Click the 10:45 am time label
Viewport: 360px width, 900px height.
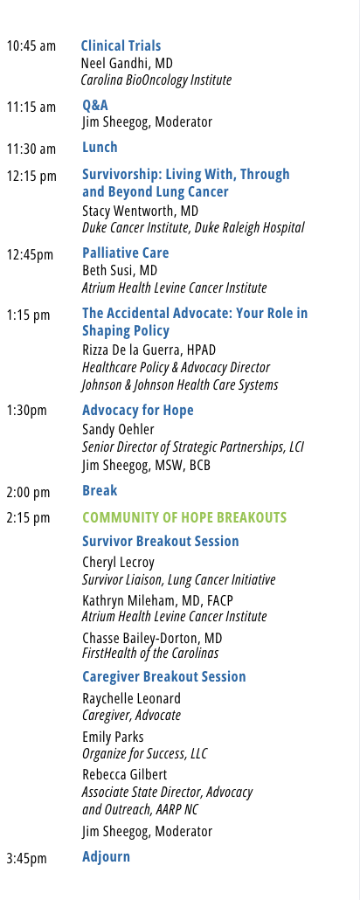click(x=31, y=46)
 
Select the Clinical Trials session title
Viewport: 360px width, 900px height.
click(x=121, y=45)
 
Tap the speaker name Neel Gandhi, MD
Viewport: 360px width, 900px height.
click(x=127, y=63)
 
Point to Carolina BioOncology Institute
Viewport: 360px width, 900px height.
click(x=156, y=80)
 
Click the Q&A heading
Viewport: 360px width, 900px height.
click(x=95, y=105)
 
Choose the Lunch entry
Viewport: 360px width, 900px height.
click(x=100, y=147)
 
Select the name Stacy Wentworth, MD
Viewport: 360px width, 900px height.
click(x=140, y=211)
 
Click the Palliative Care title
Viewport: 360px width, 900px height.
click(x=126, y=253)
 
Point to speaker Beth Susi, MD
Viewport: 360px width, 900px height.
click(x=120, y=270)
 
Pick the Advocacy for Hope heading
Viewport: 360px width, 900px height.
click(x=138, y=410)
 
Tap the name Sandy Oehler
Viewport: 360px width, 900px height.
click(x=118, y=429)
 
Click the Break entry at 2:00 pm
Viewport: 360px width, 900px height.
click(x=100, y=490)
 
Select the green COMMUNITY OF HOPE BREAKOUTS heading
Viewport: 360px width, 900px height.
click(x=184, y=517)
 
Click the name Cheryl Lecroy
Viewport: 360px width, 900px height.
click(x=118, y=563)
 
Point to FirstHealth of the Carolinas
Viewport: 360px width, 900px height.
click(x=150, y=654)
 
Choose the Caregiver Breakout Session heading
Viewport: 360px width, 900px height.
click(x=164, y=676)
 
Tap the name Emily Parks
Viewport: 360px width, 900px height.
click(x=113, y=737)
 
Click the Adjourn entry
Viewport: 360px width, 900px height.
click(x=107, y=856)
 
